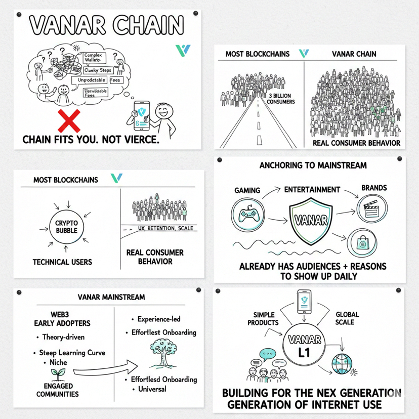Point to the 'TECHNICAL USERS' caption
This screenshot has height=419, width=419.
pyautogui.click(x=62, y=262)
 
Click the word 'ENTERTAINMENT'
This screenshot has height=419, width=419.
pyautogui.click(x=312, y=190)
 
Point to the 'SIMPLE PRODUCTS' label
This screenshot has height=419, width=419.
pyautogui.click(x=263, y=318)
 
